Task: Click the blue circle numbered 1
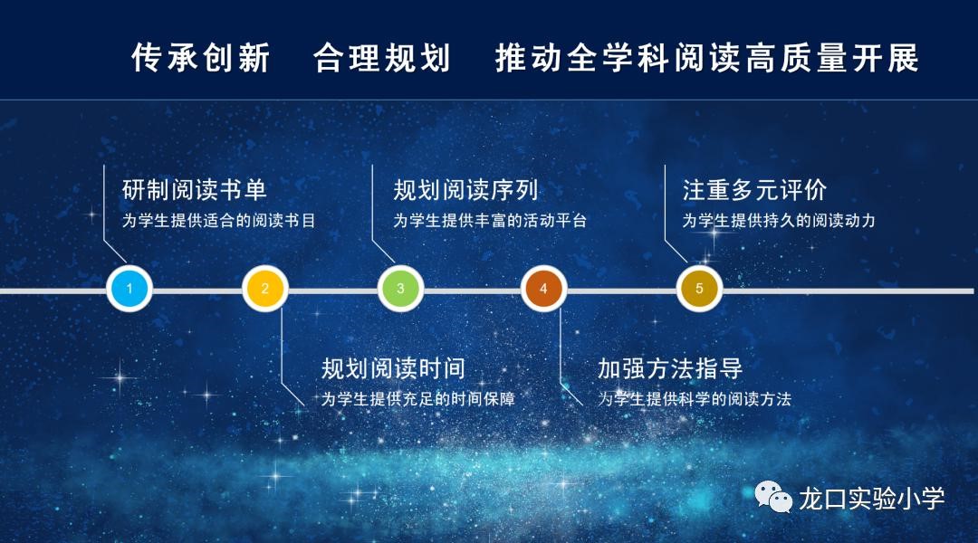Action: pos(129,289)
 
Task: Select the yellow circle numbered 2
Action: pos(265,289)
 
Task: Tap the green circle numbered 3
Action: pos(400,289)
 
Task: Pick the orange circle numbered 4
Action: pos(543,289)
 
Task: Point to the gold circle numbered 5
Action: pos(699,289)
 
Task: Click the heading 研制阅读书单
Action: pos(195,189)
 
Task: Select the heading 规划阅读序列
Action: pos(466,189)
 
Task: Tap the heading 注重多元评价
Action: pos(754,189)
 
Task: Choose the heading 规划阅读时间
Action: pos(394,368)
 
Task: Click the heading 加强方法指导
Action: pos(670,368)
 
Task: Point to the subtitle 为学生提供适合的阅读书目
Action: pos(219,221)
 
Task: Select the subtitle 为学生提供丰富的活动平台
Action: pos(490,221)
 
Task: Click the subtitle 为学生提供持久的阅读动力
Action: pos(779,221)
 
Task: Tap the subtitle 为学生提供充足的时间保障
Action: pos(417,399)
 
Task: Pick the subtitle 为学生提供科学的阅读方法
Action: pos(695,399)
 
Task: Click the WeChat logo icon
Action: pos(773,497)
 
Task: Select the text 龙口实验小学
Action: pos(872,498)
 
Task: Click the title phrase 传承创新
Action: pos(201,58)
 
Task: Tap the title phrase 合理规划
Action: pos(382,58)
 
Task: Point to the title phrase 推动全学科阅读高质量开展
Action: pos(707,58)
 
